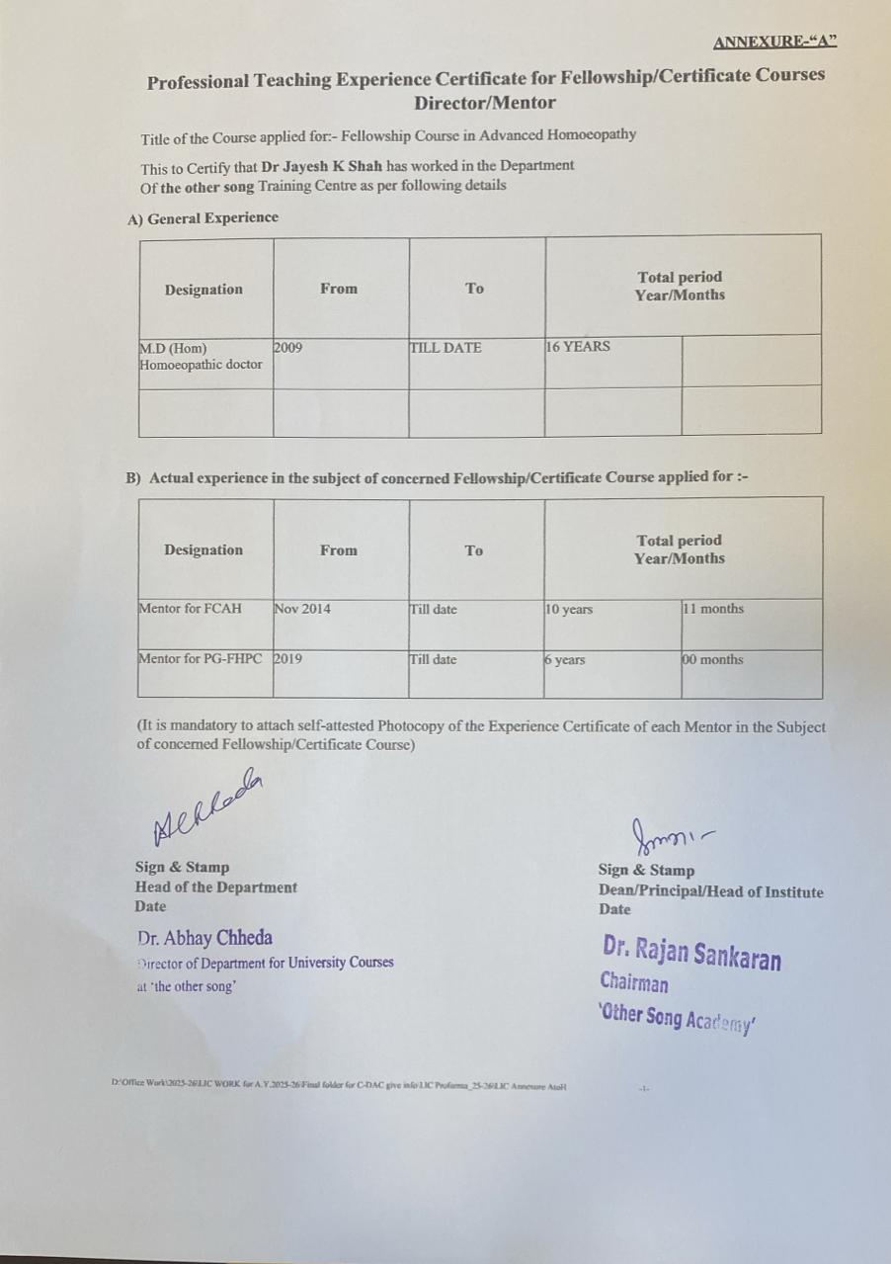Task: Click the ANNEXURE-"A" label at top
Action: click(x=774, y=42)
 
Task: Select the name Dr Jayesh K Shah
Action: click(x=321, y=166)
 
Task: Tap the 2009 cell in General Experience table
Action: click(x=288, y=348)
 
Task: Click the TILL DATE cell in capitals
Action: click(x=445, y=348)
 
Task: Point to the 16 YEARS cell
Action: click(x=579, y=347)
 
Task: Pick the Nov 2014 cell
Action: click(x=302, y=609)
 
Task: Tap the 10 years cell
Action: click(x=569, y=610)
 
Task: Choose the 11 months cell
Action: click(x=713, y=609)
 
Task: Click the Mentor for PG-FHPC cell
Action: click(x=203, y=659)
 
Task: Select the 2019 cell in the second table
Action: click(x=288, y=658)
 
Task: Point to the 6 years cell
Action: click(x=565, y=660)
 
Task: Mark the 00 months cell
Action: click(x=713, y=659)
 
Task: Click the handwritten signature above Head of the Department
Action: click(x=207, y=807)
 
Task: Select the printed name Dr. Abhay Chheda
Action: click(x=205, y=938)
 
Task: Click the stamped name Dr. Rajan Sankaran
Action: click(x=691, y=953)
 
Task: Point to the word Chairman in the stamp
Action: click(x=633, y=983)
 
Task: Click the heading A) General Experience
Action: click(x=203, y=217)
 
